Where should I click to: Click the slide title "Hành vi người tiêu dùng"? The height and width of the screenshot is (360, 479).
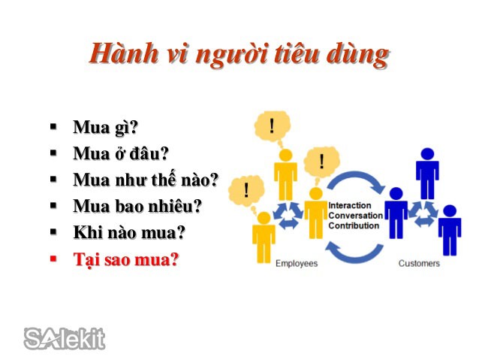pyautogui.click(x=239, y=54)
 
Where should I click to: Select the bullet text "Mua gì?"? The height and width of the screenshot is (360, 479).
pyautogui.click(x=105, y=127)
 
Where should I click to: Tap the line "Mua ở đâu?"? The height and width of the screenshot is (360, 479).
pyautogui.click(x=120, y=153)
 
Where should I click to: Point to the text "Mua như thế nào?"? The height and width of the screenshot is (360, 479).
pyautogui.click(x=146, y=180)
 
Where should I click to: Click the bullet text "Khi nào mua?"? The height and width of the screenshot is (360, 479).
pyautogui.click(x=128, y=232)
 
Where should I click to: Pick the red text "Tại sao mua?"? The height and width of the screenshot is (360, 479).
pyautogui.click(x=125, y=259)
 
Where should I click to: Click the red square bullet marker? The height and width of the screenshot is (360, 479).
pyautogui.click(x=53, y=259)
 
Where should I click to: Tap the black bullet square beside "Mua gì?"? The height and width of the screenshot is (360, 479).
pyautogui.click(x=53, y=126)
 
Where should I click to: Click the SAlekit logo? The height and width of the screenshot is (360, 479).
pyautogui.click(x=65, y=339)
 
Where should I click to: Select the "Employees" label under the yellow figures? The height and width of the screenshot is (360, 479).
pyautogui.click(x=297, y=263)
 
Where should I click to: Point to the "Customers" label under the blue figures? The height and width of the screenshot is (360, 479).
pyautogui.click(x=419, y=263)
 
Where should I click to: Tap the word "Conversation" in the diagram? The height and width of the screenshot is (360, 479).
pyautogui.click(x=355, y=215)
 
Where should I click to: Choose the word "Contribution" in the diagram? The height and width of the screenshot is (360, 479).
pyautogui.click(x=354, y=225)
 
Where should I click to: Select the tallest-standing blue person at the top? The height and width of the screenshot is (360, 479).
pyautogui.click(x=426, y=174)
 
